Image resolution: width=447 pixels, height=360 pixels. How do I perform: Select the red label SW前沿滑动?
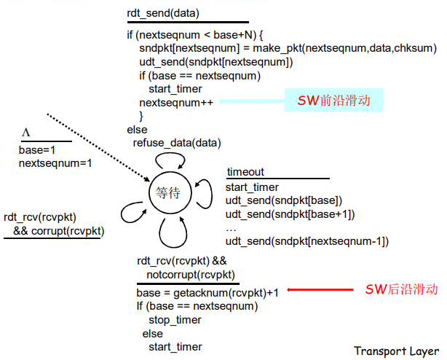(x=334, y=101)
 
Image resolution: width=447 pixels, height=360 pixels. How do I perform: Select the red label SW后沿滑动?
(x=401, y=289)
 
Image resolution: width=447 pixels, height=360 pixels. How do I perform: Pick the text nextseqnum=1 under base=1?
(x=55, y=163)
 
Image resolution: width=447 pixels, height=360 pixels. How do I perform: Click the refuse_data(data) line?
(x=177, y=143)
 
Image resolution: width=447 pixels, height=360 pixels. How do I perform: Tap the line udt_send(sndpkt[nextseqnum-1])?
(x=306, y=241)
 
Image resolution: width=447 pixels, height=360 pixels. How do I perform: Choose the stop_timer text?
(x=175, y=319)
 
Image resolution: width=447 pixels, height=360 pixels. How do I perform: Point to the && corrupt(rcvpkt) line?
(x=58, y=231)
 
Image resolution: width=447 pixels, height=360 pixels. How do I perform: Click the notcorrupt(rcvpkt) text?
(x=190, y=274)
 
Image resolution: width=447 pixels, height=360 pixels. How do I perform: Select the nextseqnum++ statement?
(x=176, y=102)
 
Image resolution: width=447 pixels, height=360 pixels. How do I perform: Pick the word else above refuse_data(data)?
(x=136, y=130)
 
